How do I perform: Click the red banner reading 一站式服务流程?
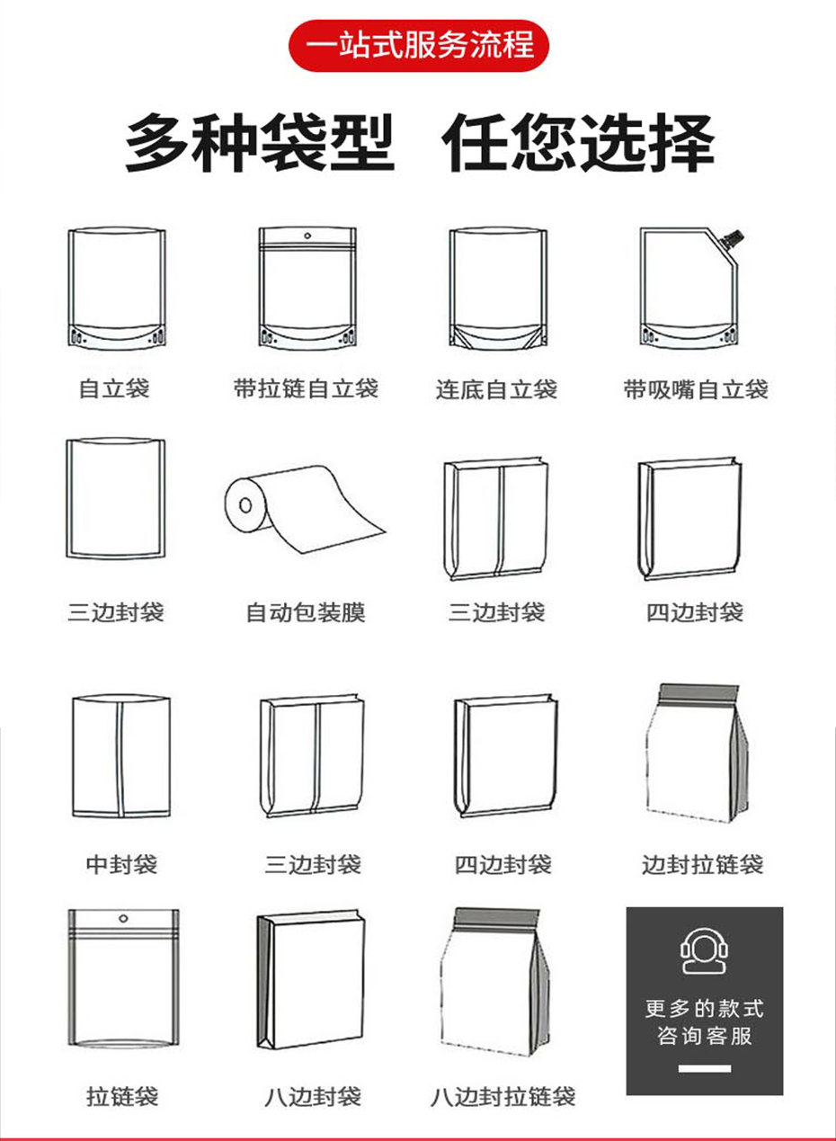coord(419,45)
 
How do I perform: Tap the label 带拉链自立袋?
coord(307,388)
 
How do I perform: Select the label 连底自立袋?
coord(496,389)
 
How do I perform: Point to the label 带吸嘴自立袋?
coord(696,389)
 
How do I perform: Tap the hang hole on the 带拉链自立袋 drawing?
coord(307,236)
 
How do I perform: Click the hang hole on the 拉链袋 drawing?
coord(122,918)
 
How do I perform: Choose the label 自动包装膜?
coord(306,612)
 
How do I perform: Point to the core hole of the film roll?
coord(245,505)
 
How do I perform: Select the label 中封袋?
coord(121,864)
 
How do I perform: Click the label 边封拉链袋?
coord(703,864)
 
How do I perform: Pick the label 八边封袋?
coord(313,1093)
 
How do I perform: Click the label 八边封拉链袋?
coord(503,1093)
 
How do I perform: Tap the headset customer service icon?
coord(704,951)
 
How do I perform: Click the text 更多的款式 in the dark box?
coord(704,1009)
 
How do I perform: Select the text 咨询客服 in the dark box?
coord(704,1036)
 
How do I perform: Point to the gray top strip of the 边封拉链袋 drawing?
coord(699,692)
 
